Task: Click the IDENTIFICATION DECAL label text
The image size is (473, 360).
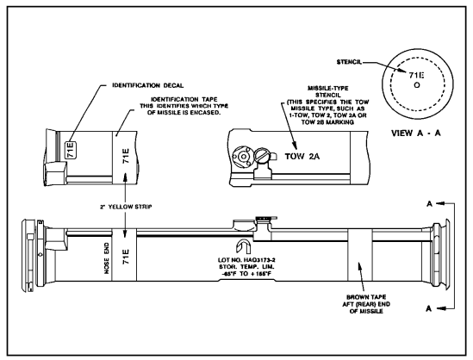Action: click(148, 85)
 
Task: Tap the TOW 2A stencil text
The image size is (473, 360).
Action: click(302, 156)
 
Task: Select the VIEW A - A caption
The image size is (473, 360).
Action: click(416, 133)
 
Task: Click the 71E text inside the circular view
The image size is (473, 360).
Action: click(416, 75)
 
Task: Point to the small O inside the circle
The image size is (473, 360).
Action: click(417, 85)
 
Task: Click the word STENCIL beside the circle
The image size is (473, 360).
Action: click(349, 62)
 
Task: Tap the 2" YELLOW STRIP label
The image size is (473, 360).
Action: click(126, 207)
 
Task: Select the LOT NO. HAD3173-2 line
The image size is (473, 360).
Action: click(246, 260)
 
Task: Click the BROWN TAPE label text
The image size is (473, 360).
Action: click(366, 297)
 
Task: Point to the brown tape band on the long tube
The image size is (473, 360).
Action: click(360, 255)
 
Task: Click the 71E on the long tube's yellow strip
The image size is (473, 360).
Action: click(126, 257)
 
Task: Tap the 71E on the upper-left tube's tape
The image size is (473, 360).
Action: click(126, 156)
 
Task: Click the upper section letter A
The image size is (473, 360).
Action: click(429, 204)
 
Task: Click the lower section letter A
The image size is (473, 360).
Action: click(429, 308)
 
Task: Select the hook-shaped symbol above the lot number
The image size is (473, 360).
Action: click(243, 247)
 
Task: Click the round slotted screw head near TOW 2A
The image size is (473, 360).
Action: click(261, 155)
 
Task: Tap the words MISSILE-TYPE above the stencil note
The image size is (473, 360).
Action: click(327, 89)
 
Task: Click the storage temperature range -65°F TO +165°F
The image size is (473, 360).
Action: click(246, 274)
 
